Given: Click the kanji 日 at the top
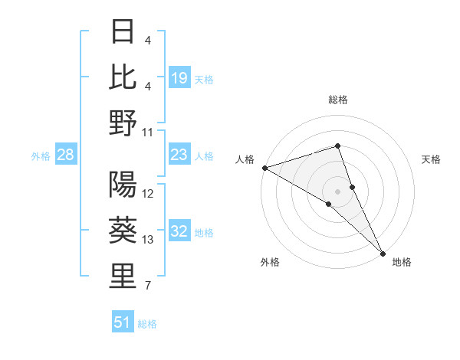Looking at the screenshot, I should tap(123, 32).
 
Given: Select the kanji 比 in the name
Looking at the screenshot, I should tap(123, 77).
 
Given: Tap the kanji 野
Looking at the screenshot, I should tap(123, 123).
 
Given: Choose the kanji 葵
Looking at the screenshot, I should tap(123, 231).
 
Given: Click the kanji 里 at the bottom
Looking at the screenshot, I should tap(123, 277).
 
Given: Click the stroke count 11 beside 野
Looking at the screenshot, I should tap(148, 132).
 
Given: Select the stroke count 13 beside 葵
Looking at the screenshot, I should tap(148, 240).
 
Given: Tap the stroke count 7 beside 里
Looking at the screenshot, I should tap(147, 286).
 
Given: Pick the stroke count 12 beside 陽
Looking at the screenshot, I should tap(148, 194).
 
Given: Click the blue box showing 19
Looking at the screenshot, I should tap(179, 78).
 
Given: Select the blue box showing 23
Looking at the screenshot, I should tap(179, 155).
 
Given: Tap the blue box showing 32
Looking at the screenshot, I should tap(179, 232).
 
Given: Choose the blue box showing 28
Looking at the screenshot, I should tap(65, 155).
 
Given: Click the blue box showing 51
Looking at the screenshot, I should tap(123, 322).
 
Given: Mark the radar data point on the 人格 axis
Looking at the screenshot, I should tap(264, 168).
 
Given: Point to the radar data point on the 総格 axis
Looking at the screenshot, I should tap(337, 146).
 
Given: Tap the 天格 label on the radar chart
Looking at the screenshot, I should tap(431, 159).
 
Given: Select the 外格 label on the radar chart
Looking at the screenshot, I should tap(270, 262).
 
